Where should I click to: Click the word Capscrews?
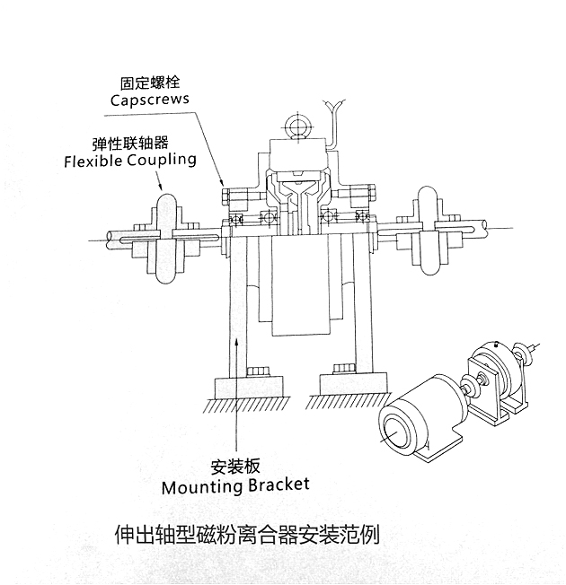point(150,100)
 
